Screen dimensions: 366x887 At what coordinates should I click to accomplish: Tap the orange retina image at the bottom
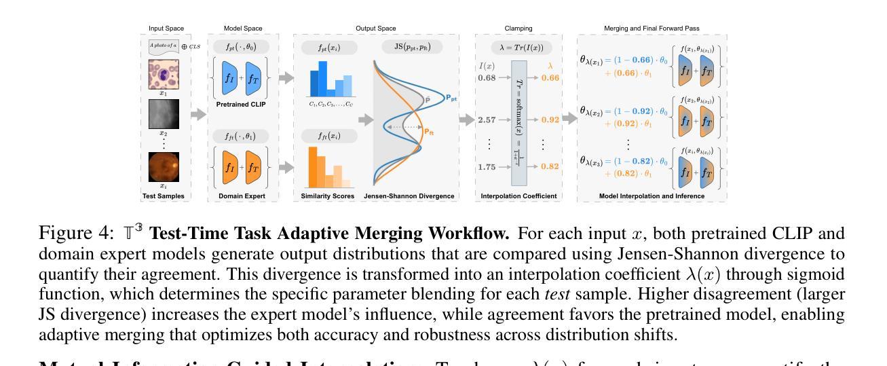point(163,166)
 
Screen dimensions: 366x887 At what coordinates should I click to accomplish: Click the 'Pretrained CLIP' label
point(243,105)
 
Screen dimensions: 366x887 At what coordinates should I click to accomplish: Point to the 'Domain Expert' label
point(243,196)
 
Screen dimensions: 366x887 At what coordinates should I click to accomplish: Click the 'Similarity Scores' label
point(328,196)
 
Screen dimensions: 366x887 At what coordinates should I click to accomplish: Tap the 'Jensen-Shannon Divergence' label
point(409,196)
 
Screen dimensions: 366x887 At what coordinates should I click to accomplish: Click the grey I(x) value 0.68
point(487,77)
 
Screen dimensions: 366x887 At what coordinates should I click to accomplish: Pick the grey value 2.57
point(487,120)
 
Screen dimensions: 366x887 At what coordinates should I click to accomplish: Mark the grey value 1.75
point(487,166)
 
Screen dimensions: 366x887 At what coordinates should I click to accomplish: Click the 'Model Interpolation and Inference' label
point(652,196)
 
